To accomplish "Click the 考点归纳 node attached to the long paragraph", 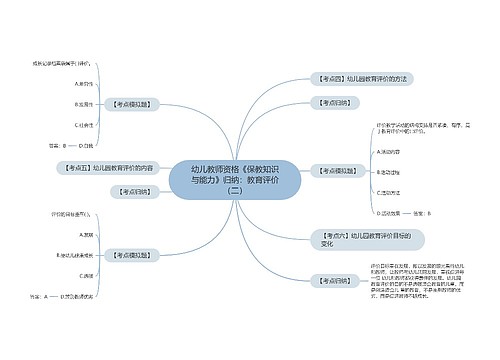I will (x=335, y=281).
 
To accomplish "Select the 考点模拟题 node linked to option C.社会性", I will (x=135, y=103).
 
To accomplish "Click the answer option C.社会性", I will (x=84, y=124).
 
